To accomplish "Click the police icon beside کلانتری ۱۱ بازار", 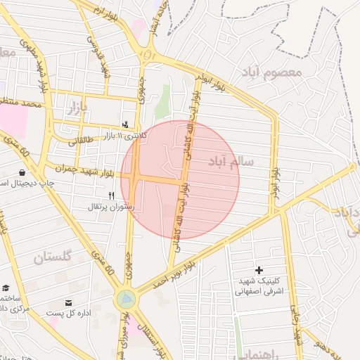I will [x=125, y=124].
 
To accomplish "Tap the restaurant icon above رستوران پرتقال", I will [x=111, y=195].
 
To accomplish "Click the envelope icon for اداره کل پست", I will [x=67, y=302].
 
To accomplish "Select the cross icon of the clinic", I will [x=259, y=270].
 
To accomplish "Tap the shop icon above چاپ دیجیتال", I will [x=22, y=172].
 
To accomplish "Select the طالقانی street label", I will [x=85, y=141].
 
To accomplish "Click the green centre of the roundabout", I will [x=127, y=300].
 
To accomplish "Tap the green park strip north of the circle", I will [x=162, y=102].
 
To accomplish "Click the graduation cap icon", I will [x=6, y=288].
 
